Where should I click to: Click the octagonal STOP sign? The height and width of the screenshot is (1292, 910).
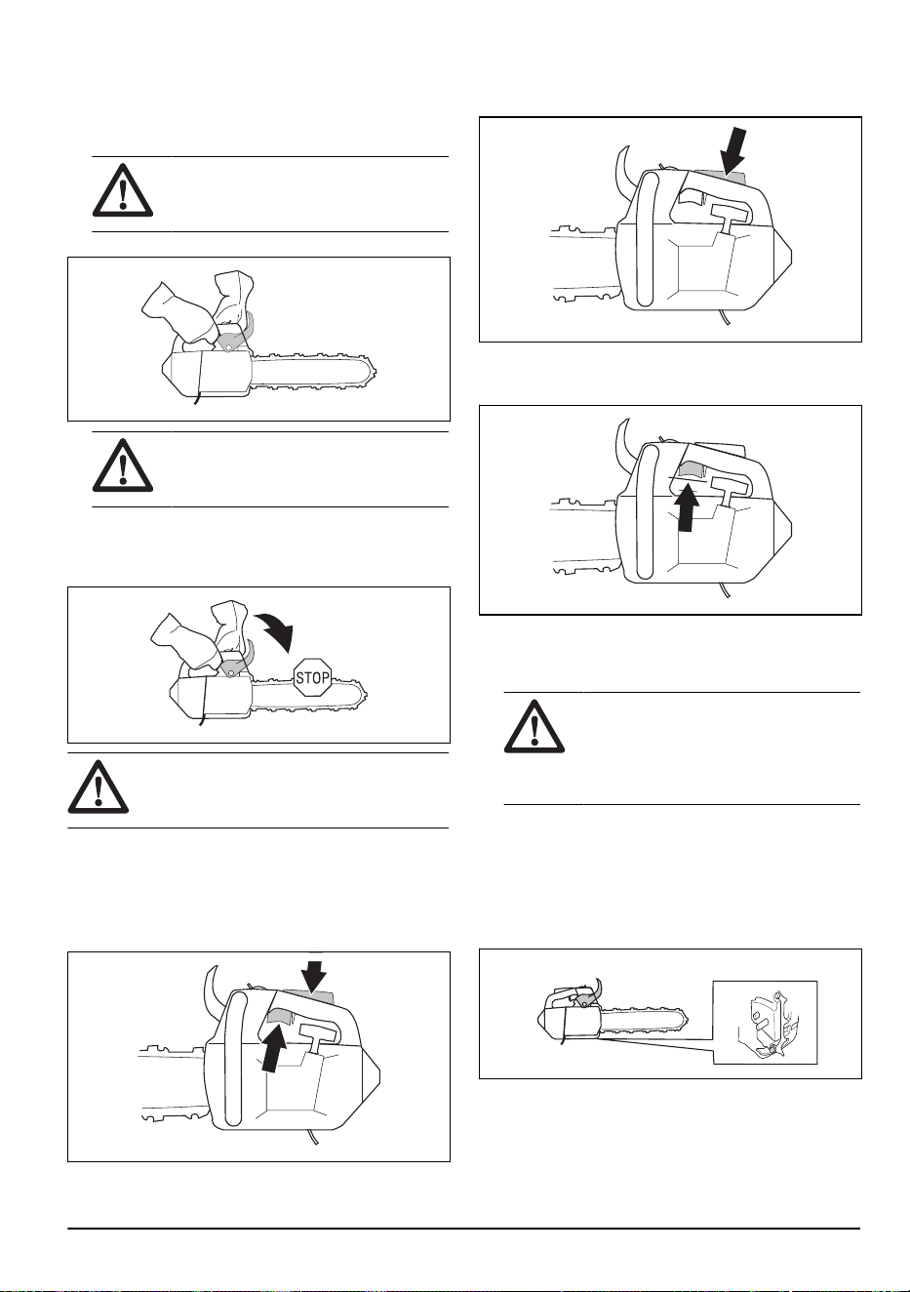pyautogui.click(x=312, y=677)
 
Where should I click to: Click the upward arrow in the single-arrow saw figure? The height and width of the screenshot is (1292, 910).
pyautogui.click(x=687, y=508)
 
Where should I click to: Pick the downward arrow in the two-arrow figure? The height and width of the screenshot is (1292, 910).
pyautogui.click(x=314, y=978)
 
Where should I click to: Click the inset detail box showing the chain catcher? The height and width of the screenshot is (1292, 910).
pyautogui.click(x=766, y=1022)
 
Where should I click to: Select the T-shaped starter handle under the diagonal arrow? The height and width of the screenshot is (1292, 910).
pyautogui.click(x=732, y=220)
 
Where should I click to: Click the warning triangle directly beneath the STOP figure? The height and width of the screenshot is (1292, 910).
pyautogui.click(x=99, y=787)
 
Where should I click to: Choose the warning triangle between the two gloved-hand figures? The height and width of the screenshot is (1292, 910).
pyautogui.click(x=123, y=464)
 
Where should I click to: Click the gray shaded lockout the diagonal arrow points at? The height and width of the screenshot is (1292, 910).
pyautogui.click(x=718, y=177)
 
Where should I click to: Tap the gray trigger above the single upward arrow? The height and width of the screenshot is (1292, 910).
pyautogui.click(x=690, y=470)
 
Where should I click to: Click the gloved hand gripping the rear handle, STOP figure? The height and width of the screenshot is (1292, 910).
pyautogui.click(x=183, y=640)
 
